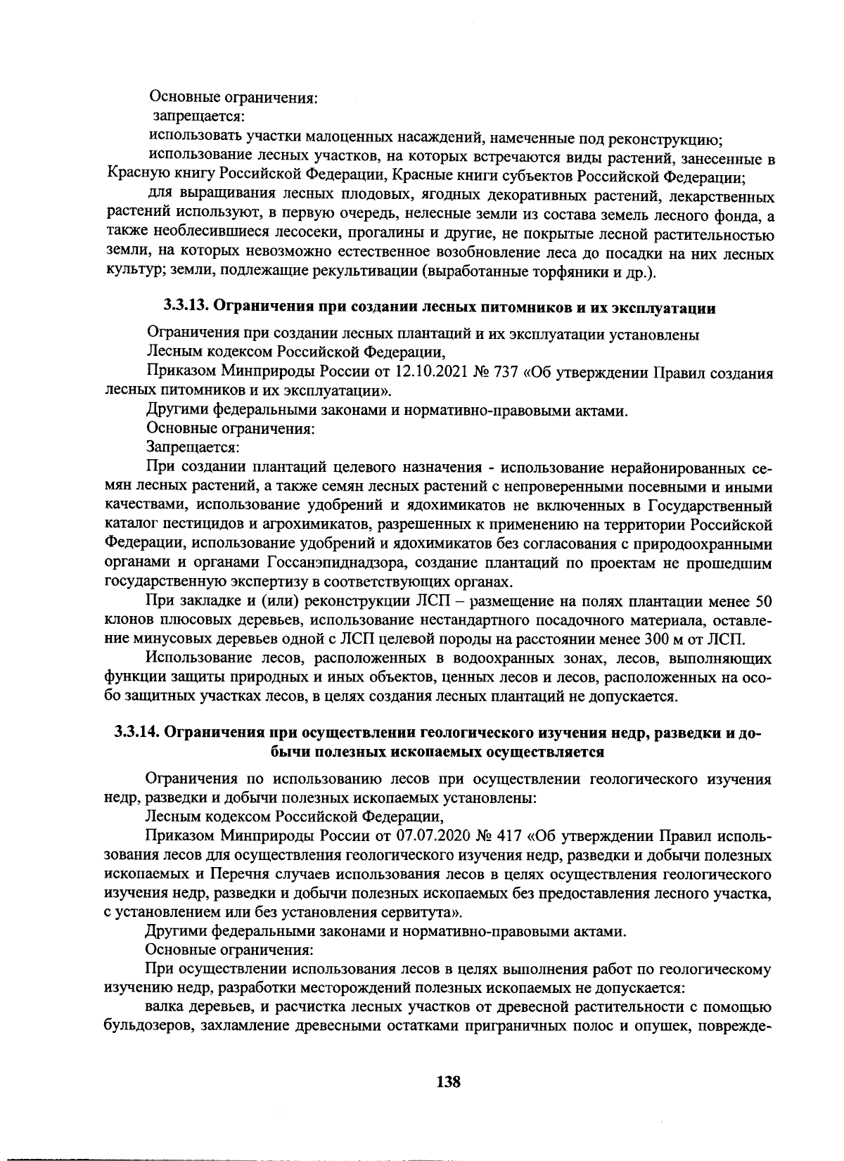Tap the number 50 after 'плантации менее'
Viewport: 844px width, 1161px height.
[x=762, y=601]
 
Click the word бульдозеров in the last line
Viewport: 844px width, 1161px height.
[x=148, y=1025]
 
